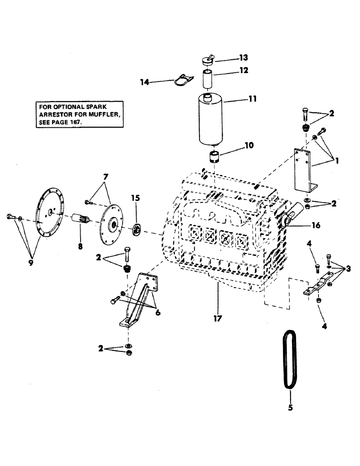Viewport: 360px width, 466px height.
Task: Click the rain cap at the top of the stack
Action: tap(207, 60)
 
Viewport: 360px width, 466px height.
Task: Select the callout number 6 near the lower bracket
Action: tap(159, 313)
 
